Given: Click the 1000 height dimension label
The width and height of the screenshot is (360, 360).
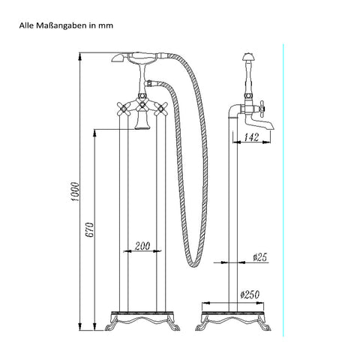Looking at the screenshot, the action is pos(75,192).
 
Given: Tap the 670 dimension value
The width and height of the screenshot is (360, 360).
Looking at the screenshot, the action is pos(89,229).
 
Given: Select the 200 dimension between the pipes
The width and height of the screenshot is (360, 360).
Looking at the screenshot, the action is pos(142,246).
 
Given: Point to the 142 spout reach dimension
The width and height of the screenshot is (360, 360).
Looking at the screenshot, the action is pos(251,137).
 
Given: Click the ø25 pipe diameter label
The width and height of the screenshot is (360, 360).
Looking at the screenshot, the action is pos(260,257).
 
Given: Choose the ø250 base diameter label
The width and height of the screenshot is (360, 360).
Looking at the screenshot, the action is pos(250,295).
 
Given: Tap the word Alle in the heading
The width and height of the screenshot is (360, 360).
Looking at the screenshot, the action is pos(26,25).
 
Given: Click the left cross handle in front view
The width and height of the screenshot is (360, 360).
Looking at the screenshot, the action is pos(123,108).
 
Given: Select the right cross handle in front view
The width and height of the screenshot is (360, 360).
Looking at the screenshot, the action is pos(160,109).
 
